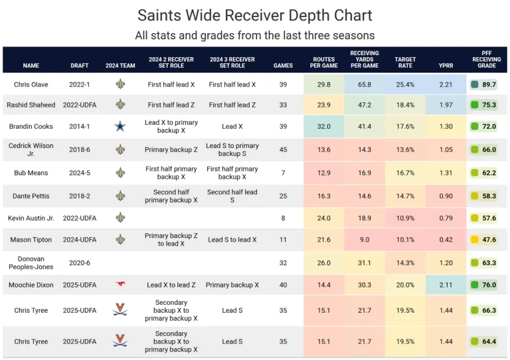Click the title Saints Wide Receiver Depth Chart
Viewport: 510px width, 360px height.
point(255,16)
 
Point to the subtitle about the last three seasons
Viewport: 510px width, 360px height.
point(255,35)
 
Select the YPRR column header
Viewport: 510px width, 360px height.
point(446,66)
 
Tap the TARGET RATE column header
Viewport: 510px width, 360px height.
point(405,62)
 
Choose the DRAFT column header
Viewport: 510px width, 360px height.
point(80,66)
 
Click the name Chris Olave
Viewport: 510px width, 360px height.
point(31,84)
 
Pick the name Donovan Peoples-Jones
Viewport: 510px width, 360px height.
point(31,262)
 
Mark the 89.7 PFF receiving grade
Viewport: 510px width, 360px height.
point(489,84)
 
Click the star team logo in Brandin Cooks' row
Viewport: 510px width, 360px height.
point(120,126)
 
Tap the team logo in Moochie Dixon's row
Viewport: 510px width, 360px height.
point(120,285)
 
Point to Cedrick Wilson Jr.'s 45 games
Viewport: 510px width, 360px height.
point(284,149)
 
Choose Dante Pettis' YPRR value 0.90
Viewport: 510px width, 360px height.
point(446,196)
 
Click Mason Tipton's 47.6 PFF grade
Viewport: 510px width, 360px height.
point(489,240)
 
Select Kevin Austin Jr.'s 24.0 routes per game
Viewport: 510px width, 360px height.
point(324,218)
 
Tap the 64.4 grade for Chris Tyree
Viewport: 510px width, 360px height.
point(489,341)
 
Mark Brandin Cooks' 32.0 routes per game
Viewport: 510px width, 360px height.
point(324,126)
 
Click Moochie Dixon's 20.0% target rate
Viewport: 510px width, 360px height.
point(405,285)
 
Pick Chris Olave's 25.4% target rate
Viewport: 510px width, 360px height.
point(405,84)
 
